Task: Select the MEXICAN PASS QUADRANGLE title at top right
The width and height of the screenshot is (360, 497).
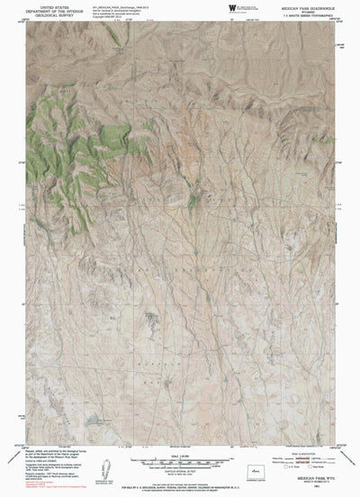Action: click(307, 5)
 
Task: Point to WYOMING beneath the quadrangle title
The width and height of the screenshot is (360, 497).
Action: click(307, 10)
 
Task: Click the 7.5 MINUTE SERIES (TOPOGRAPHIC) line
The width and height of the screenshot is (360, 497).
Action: click(307, 14)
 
